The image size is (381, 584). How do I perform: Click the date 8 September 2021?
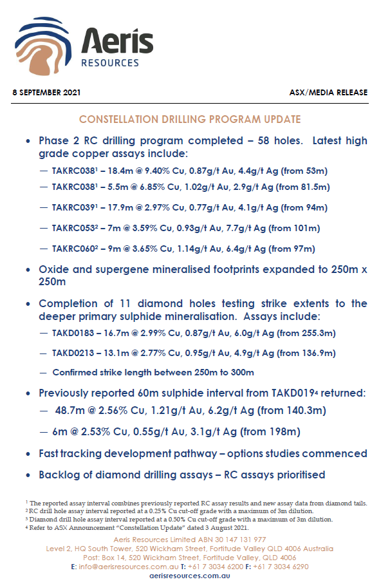(46, 93)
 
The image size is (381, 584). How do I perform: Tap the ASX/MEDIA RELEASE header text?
(328, 93)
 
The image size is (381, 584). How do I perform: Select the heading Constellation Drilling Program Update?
(190, 120)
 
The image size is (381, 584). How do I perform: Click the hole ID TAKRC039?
(77, 207)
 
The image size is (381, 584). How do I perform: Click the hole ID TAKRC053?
(77, 228)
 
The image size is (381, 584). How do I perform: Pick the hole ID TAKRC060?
(77, 249)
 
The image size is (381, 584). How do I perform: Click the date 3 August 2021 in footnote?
(225, 528)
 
